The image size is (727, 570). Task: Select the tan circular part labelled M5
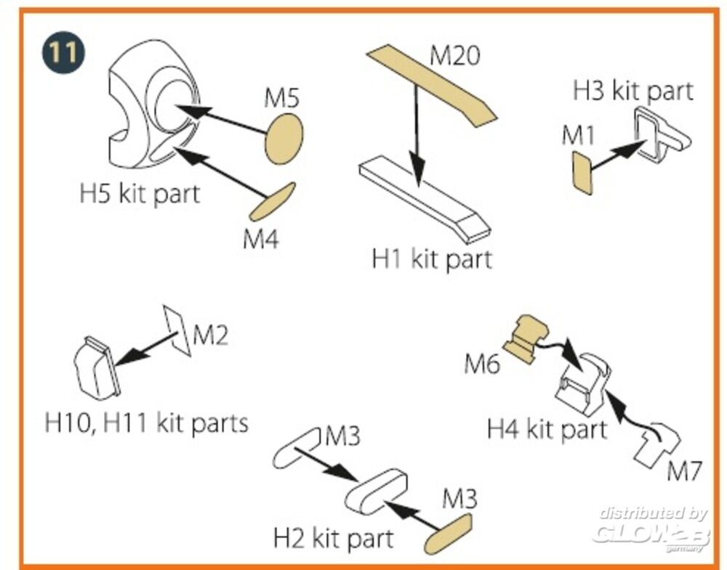pyautogui.click(x=284, y=139)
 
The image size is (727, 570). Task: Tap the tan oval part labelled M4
pyautogui.click(x=272, y=201)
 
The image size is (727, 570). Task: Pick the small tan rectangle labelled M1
pyautogui.click(x=582, y=173)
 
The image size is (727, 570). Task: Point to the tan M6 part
pyautogui.click(x=526, y=338)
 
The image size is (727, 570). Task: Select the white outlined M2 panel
pyautogui.click(x=177, y=330)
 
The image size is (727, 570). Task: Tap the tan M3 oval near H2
pyautogui.click(x=449, y=534)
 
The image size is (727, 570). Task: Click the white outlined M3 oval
pyautogui.click(x=297, y=448)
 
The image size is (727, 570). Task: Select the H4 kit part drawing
pyautogui.click(x=583, y=384)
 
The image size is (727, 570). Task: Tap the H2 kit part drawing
pyautogui.click(x=376, y=491)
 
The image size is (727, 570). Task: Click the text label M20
pyautogui.click(x=454, y=57)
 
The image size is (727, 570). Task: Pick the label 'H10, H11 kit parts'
pyautogui.click(x=147, y=423)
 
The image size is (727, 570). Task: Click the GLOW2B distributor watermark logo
pyautogui.click(x=651, y=530)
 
